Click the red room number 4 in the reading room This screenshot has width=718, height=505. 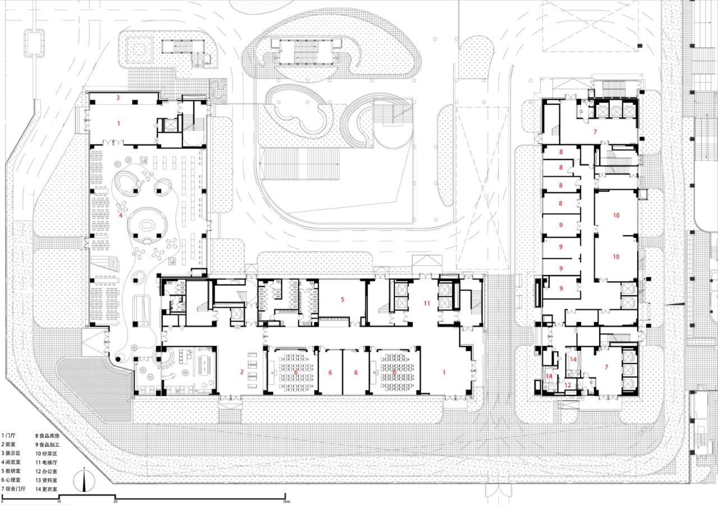[x=120, y=215]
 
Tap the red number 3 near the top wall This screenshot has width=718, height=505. [x=118, y=98]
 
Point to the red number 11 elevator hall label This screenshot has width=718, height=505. [x=426, y=303]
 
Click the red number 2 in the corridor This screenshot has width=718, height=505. [x=242, y=372]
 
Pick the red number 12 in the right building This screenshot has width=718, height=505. [x=568, y=385]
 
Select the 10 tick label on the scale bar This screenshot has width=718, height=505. [x=59, y=501]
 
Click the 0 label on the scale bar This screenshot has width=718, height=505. [x=2, y=501]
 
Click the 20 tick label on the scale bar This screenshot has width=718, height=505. [x=116, y=501]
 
